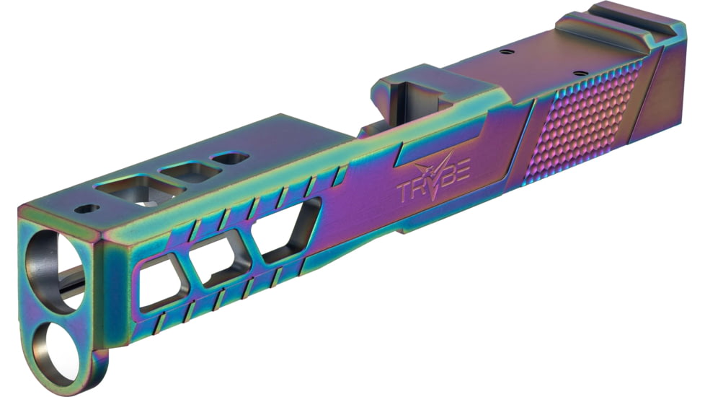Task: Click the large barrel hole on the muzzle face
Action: [54, 271]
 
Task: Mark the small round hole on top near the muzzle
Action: [87, 209]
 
